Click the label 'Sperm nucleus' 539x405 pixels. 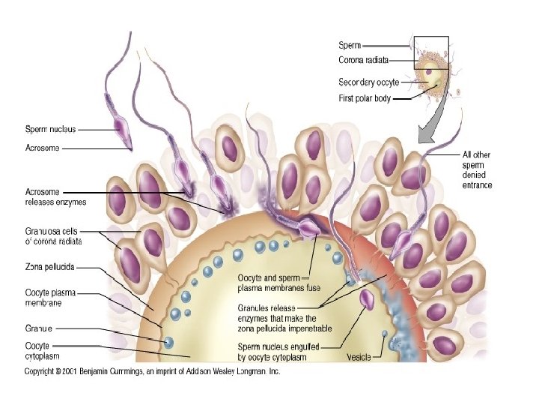51,129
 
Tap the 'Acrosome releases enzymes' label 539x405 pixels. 56,196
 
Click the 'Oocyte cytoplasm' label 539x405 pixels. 43,351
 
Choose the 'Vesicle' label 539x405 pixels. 359,358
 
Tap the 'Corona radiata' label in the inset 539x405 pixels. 363,59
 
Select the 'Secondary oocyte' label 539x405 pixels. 368,82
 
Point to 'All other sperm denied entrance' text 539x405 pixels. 477,169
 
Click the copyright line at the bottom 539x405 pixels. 152,372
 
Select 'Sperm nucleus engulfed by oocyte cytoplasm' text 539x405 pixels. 281,352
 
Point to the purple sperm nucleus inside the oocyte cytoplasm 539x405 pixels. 368,300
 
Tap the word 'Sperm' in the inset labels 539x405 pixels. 350,46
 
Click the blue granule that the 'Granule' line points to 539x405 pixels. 168,342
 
